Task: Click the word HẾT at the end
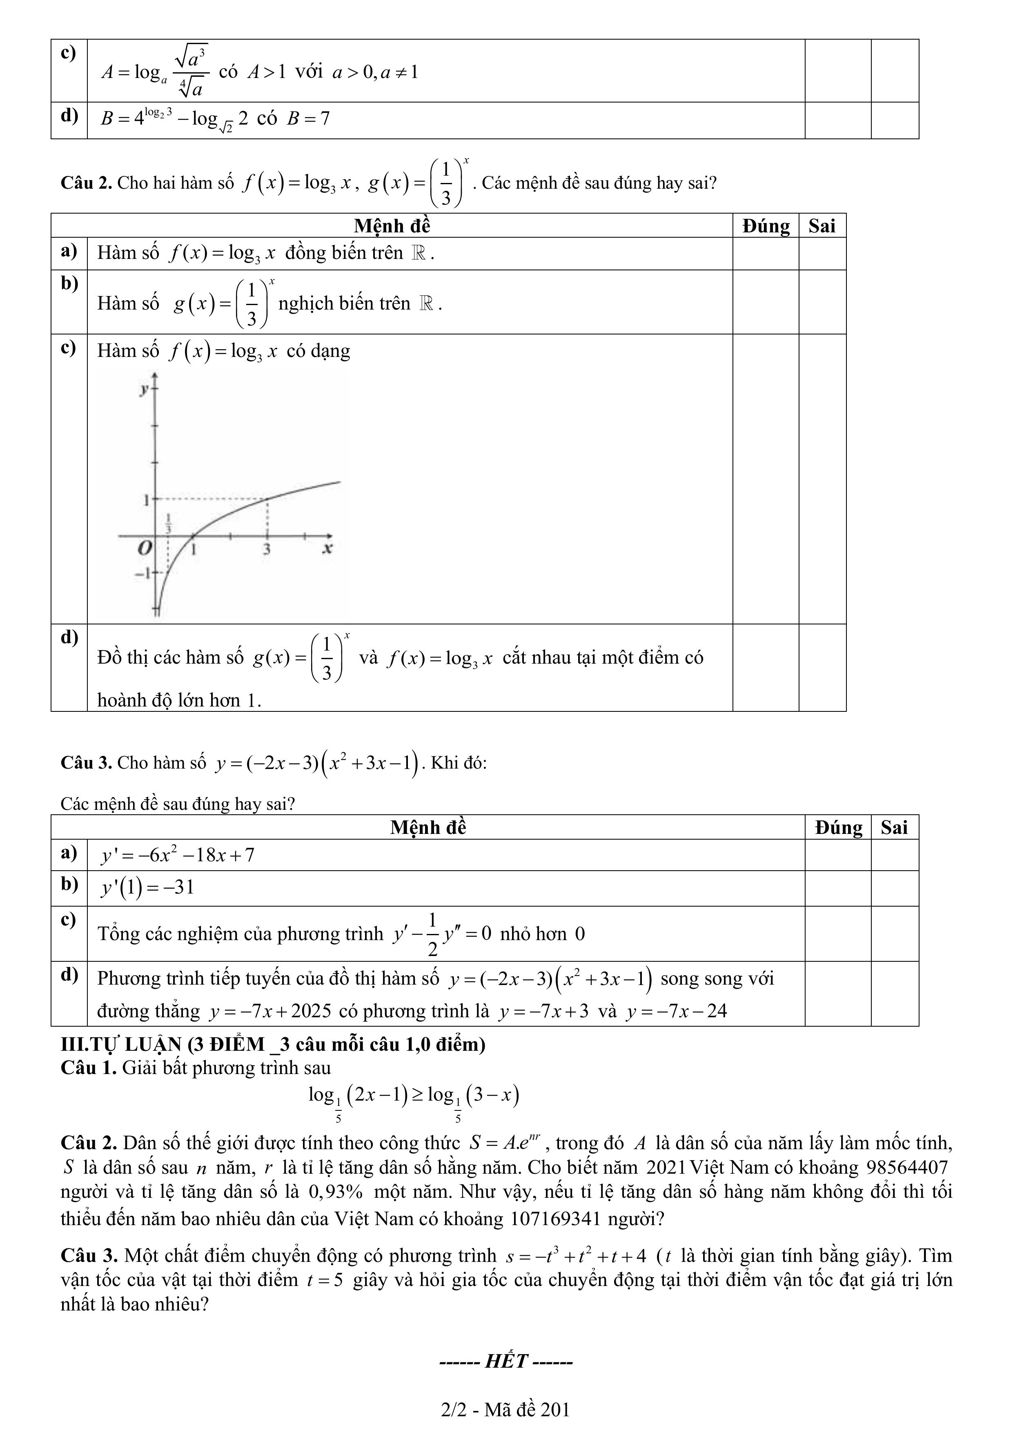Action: (506, 1361)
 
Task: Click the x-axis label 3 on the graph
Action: (267, 549)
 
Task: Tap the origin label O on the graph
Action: (145, 548)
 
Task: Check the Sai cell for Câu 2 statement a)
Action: (822, 253)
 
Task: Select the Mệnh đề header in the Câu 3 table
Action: (428, 828)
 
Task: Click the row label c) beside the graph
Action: (69, 347)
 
